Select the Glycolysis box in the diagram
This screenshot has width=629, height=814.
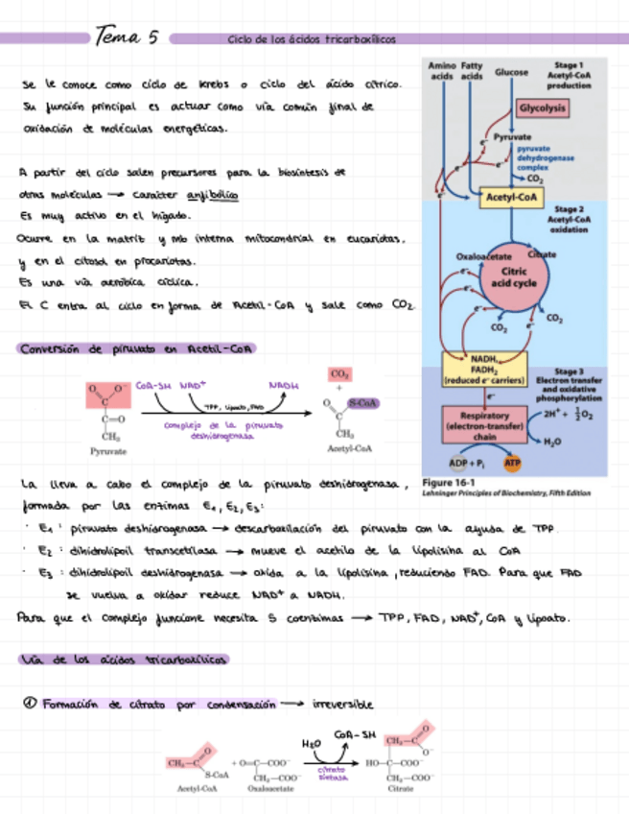[x=543, y=108]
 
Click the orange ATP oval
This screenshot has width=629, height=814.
[x=512, y=463]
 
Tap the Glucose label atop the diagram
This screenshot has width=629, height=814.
[x=511, y=72]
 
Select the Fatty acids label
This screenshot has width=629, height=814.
[x=472, y=70]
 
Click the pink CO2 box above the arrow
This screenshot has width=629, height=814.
[x=339, y=373]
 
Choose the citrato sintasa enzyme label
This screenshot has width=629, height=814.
[x=331, y=774]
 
